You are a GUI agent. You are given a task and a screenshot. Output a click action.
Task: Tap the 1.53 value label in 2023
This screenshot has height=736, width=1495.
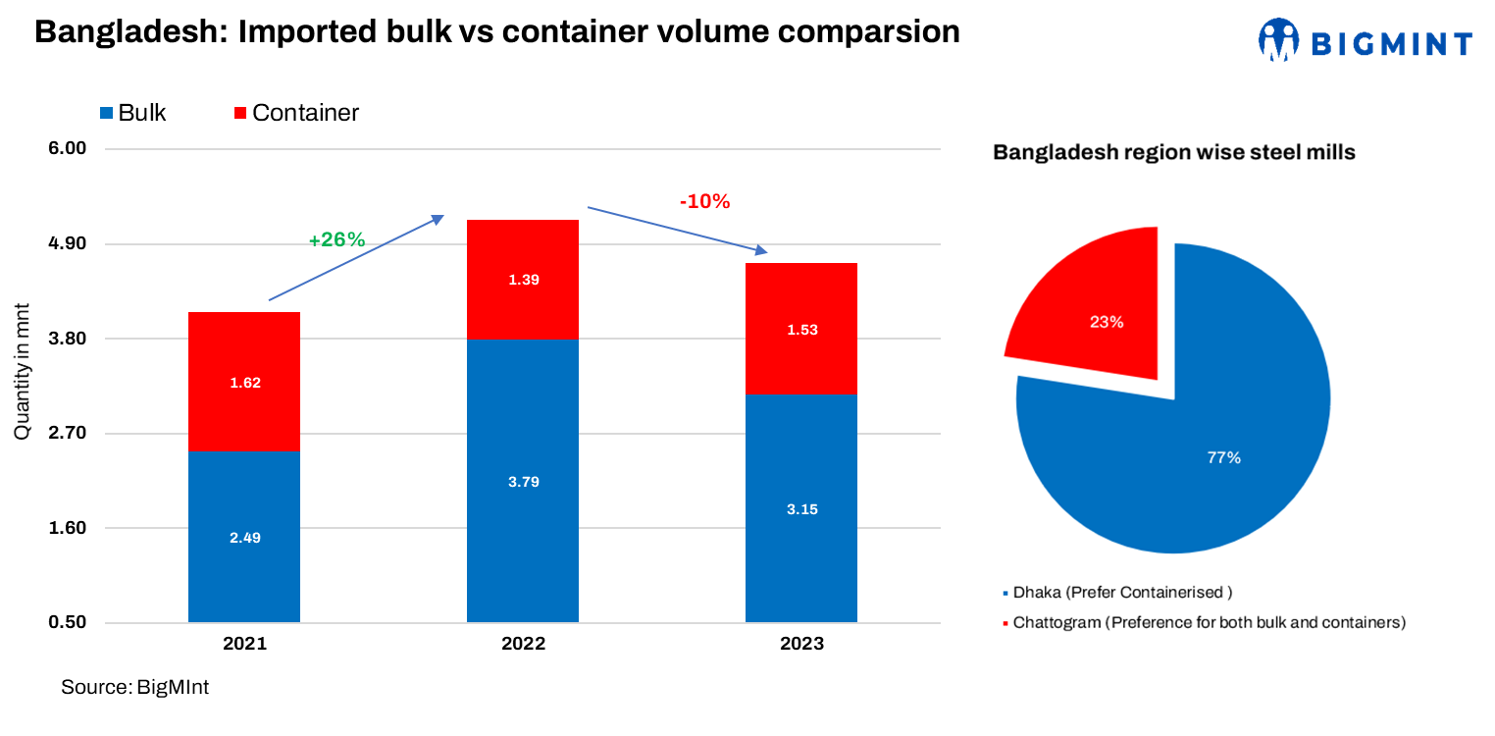point(801,330)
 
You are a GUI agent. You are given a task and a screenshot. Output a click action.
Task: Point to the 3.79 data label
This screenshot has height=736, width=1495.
point(523,482)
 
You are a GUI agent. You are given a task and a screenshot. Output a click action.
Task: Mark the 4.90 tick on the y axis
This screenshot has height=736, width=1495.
point(69,243)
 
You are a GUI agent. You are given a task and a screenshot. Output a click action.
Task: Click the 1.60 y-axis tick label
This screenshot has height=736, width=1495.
point(69,528)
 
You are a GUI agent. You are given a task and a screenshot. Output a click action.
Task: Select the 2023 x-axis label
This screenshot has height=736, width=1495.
point(801,645)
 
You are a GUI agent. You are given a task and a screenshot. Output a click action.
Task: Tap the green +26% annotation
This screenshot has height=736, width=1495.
point(336,239)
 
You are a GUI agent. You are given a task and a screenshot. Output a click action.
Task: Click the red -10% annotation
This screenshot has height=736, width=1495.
point(704,202)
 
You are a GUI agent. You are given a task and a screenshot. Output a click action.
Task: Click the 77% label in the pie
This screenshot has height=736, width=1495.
point(1224,457)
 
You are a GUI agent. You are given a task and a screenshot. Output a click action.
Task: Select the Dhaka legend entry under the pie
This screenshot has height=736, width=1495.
point(1116,593)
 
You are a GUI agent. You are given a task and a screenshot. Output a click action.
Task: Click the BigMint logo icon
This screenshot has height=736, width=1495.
point(1279,40)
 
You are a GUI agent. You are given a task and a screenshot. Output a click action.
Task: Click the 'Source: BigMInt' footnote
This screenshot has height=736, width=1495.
point(134,687)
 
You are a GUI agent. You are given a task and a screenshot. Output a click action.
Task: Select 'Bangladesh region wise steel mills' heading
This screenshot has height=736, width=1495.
point(1174,153)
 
